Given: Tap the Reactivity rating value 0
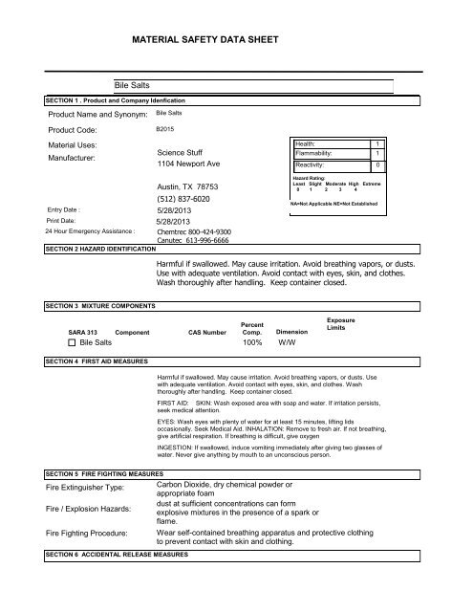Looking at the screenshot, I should pyautogui.click(x=378, y=164).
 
